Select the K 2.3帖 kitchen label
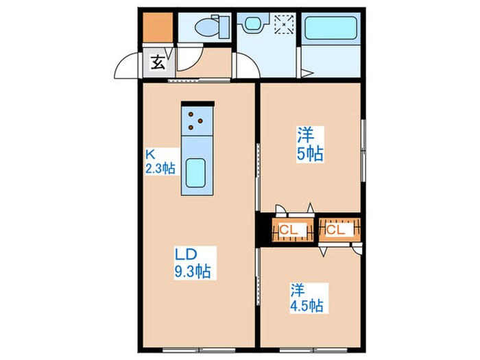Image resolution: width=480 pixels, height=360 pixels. coord(159,161)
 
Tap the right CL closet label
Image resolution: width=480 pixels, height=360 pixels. coord(335,230)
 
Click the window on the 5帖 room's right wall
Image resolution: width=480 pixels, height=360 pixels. coord(363,144)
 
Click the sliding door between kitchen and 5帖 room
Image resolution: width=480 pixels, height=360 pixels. coord(258,175)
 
